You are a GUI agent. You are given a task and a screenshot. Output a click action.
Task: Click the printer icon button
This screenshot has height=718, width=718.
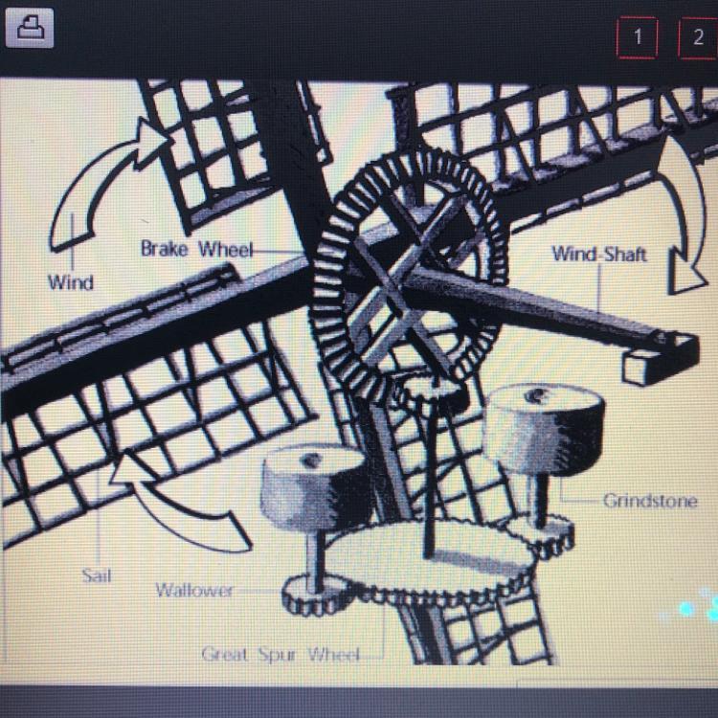[30, 28]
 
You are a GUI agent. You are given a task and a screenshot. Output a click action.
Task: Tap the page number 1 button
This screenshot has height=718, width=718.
[638, 37]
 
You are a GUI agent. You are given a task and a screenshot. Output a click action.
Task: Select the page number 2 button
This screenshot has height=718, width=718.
[698, 37]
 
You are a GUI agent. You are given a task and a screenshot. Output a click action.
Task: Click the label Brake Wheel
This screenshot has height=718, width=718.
[197, 249]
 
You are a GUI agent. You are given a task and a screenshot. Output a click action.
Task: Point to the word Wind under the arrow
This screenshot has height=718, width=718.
[71, 282]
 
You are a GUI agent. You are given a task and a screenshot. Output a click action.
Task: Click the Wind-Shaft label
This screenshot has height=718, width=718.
[599, 254]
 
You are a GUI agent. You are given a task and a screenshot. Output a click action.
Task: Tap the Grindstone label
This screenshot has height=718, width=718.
[650, 501]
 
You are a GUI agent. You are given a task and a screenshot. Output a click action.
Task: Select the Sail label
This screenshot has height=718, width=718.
[97, 575]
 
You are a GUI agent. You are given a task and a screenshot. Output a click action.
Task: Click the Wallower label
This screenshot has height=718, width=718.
[194, 590]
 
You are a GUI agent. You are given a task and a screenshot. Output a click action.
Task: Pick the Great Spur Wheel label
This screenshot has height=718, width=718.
[280, 654]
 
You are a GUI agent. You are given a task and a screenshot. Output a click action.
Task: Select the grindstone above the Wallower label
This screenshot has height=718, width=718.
[317, 486]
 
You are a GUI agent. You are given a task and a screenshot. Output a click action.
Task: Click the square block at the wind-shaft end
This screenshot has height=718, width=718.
[641, 367]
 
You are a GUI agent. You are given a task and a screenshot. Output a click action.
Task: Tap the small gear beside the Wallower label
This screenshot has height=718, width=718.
[316, 596]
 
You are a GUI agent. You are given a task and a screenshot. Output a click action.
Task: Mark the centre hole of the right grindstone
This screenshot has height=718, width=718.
[539, 394]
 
